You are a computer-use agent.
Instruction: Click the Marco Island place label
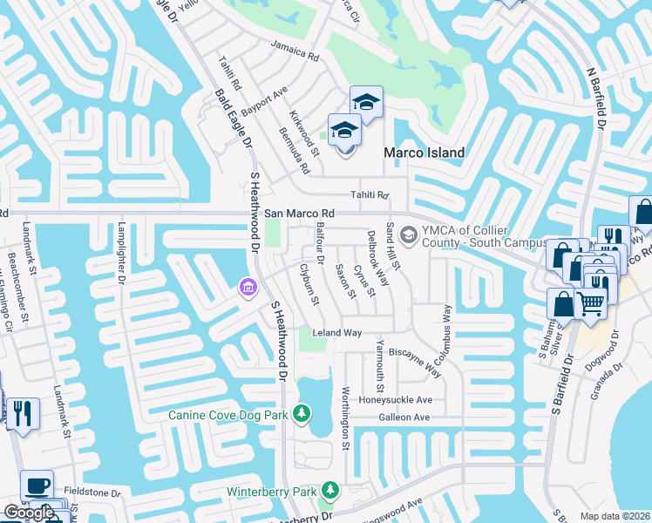tap(424, 153)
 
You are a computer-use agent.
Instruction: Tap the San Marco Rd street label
tap(300, 213)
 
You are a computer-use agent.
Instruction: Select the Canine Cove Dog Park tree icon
tap(302, 412)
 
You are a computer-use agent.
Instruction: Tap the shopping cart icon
tap(590, 304)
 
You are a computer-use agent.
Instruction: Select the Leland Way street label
tap(336, 333)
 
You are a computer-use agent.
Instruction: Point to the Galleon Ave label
tap(404, 418)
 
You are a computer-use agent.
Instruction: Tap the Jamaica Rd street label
tap(295, 52)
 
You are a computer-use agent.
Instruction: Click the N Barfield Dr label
tap(597, 97)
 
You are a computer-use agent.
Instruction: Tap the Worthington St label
tap(345, 418)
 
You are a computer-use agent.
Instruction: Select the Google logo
tap(29, 513)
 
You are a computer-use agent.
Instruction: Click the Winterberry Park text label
tap(271, 492)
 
